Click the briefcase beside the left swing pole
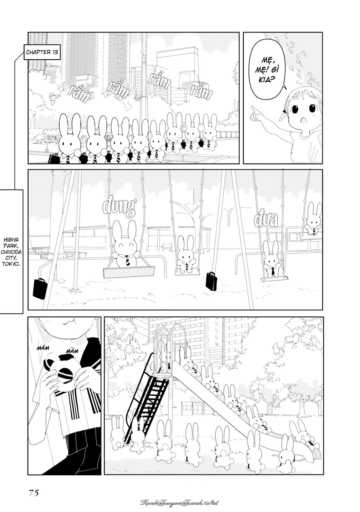coord(40,289)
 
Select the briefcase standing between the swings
coord(211,282)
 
